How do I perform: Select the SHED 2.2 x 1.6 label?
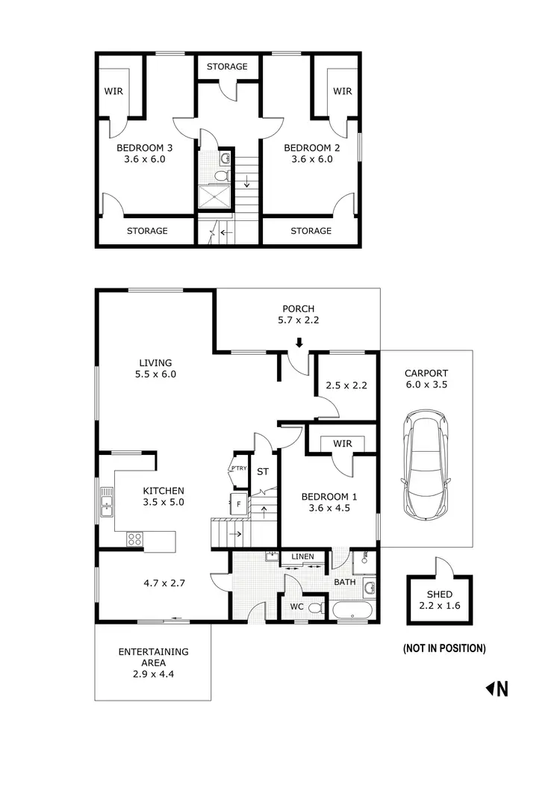440,600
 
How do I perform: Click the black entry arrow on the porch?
299,344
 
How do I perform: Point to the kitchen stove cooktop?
135,538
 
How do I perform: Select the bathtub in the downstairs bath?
352,612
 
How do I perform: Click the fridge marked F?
238,504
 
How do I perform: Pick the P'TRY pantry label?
238,469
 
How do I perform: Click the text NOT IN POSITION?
444,648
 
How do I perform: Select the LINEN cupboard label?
302,557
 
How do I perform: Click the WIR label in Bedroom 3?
114,91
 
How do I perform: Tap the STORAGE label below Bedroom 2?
311,231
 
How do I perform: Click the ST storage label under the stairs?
263,472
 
